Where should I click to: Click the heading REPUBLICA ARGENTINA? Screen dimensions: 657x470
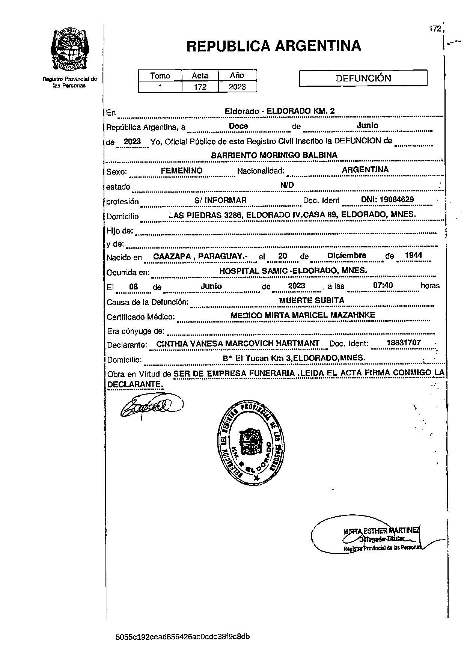pyautogui.click(x=274, y=46)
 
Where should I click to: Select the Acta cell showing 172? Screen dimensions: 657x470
pyautogui.click(x=200, y=87)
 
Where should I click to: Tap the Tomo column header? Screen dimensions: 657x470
pyautogui.click(x=160, y=75)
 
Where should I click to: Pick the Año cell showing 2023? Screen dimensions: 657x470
pyautogui.click(x=237, y=87)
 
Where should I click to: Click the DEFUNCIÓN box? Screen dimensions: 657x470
pyautogui.click(x=363, y=78)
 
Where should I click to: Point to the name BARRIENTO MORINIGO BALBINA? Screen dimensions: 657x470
pyautogui.click(x=274, y=155)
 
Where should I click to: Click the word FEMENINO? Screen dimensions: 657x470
pyautogui.click(x=182, y=170)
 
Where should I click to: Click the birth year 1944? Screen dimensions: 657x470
pyautogui.click(x=413, y=255)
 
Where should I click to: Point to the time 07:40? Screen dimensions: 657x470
pyautogui.click(x=383, y=285)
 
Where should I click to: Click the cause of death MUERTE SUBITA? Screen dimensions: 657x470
pyautogui.click(x=312, y=300)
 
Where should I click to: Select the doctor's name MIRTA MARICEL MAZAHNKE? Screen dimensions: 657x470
pyautogui.click(x=303, y=315)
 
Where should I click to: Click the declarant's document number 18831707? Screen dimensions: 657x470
pyautogui.click(x=404, y=342)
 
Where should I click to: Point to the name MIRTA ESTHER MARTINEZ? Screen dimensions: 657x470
pyautogui.click(x=381, y=531)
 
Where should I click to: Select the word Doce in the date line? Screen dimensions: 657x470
pyautogui.click(x=238, y=126)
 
